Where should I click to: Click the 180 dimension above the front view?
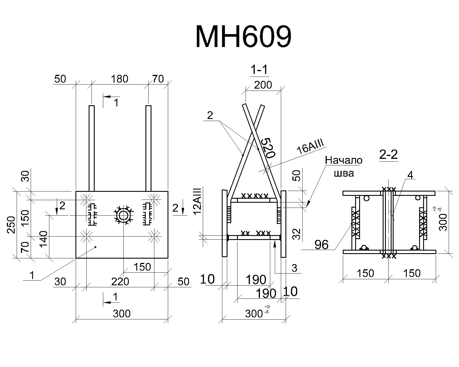pyautogui.click(x=119, y=79)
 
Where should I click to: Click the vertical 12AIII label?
pyautogui.click(x=198, y=201)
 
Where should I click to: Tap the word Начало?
pyautogui.click(x=344, y=160)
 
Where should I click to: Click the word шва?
pyautogui.click(x=344, y=173)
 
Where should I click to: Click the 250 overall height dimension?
pyautogui.click(x=11, y=225)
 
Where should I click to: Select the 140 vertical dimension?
pyautogui.click(x=44, y=239)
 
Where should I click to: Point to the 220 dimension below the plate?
pyautogui.click(x=120, y=282)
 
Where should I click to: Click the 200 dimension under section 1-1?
pyautogui.click(x=263, y=85)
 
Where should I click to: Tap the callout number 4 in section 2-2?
pyautogui.click(x=410, y=175)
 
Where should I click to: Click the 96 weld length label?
pyautogui.click(x=321, y=245)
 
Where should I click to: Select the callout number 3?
pyautogui.click(x=294, y=268)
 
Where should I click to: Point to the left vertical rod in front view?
pyautogui.click(x=92, y=148)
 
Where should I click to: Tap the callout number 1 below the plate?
pyautogui.click(x=32, y=275)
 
